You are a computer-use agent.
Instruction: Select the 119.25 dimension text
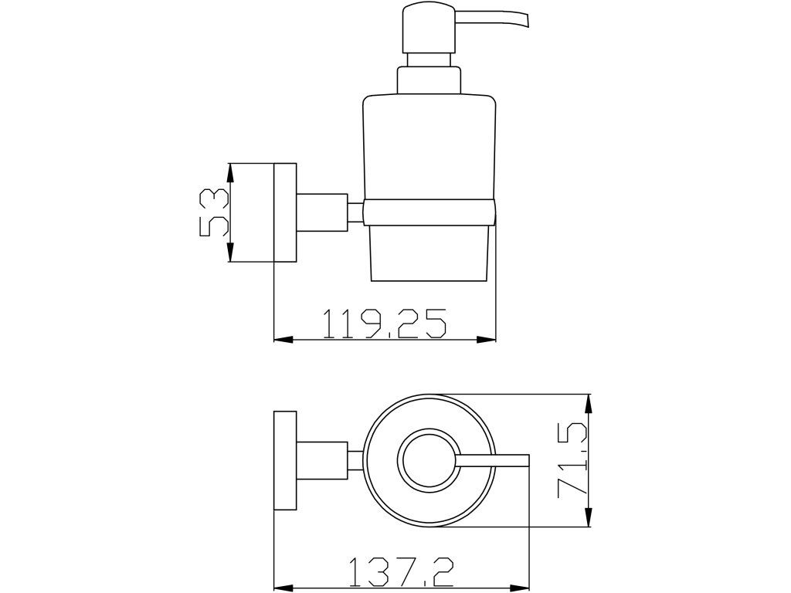click(385, 324)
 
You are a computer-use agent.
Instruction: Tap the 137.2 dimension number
click(401, 572)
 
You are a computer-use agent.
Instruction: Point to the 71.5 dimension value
click(572, 461)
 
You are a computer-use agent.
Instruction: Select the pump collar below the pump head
click(429, 80)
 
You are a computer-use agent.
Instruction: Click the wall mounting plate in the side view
click(285, 212)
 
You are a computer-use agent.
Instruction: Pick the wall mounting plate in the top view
click(285, 461)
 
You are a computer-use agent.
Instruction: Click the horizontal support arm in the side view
click(322, 212)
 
